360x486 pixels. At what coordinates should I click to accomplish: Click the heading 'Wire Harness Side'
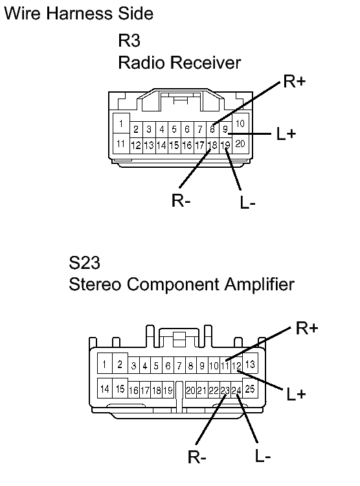79,14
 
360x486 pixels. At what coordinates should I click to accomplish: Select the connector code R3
129,40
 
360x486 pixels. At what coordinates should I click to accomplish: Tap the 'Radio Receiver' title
179,62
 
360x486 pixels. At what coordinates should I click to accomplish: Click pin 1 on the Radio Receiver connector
121,123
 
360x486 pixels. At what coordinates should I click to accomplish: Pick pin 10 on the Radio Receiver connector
240,124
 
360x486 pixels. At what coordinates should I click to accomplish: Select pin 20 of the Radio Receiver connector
240,143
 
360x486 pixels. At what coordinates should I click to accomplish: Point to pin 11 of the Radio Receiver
121,143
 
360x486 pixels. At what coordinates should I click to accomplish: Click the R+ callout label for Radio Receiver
295,81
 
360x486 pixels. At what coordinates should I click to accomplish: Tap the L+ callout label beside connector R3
286,134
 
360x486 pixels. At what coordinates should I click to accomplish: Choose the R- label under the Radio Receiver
181,200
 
